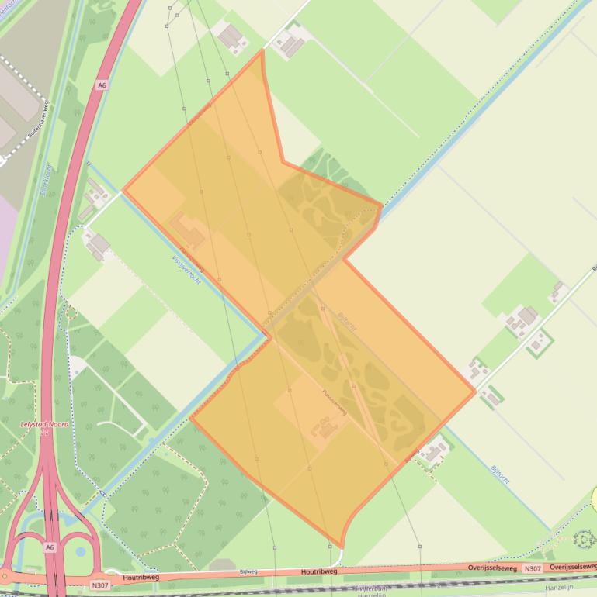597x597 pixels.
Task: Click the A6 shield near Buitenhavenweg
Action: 102,85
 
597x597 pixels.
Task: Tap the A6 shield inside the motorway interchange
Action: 50,547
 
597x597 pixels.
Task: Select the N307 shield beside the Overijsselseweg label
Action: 533,568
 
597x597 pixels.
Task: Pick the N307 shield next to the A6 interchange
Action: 99,585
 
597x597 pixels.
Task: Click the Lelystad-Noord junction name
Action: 44,424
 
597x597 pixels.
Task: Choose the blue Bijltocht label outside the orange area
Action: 500,472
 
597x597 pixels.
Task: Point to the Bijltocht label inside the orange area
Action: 347,322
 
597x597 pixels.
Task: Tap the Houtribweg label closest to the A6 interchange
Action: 140,578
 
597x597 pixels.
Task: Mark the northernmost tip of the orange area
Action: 262,50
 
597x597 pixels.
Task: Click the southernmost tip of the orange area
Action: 340,547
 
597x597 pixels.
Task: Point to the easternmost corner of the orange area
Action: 474,391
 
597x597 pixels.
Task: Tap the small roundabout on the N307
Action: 4,577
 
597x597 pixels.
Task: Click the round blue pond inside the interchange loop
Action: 80,552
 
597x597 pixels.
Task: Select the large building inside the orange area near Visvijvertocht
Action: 188,230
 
